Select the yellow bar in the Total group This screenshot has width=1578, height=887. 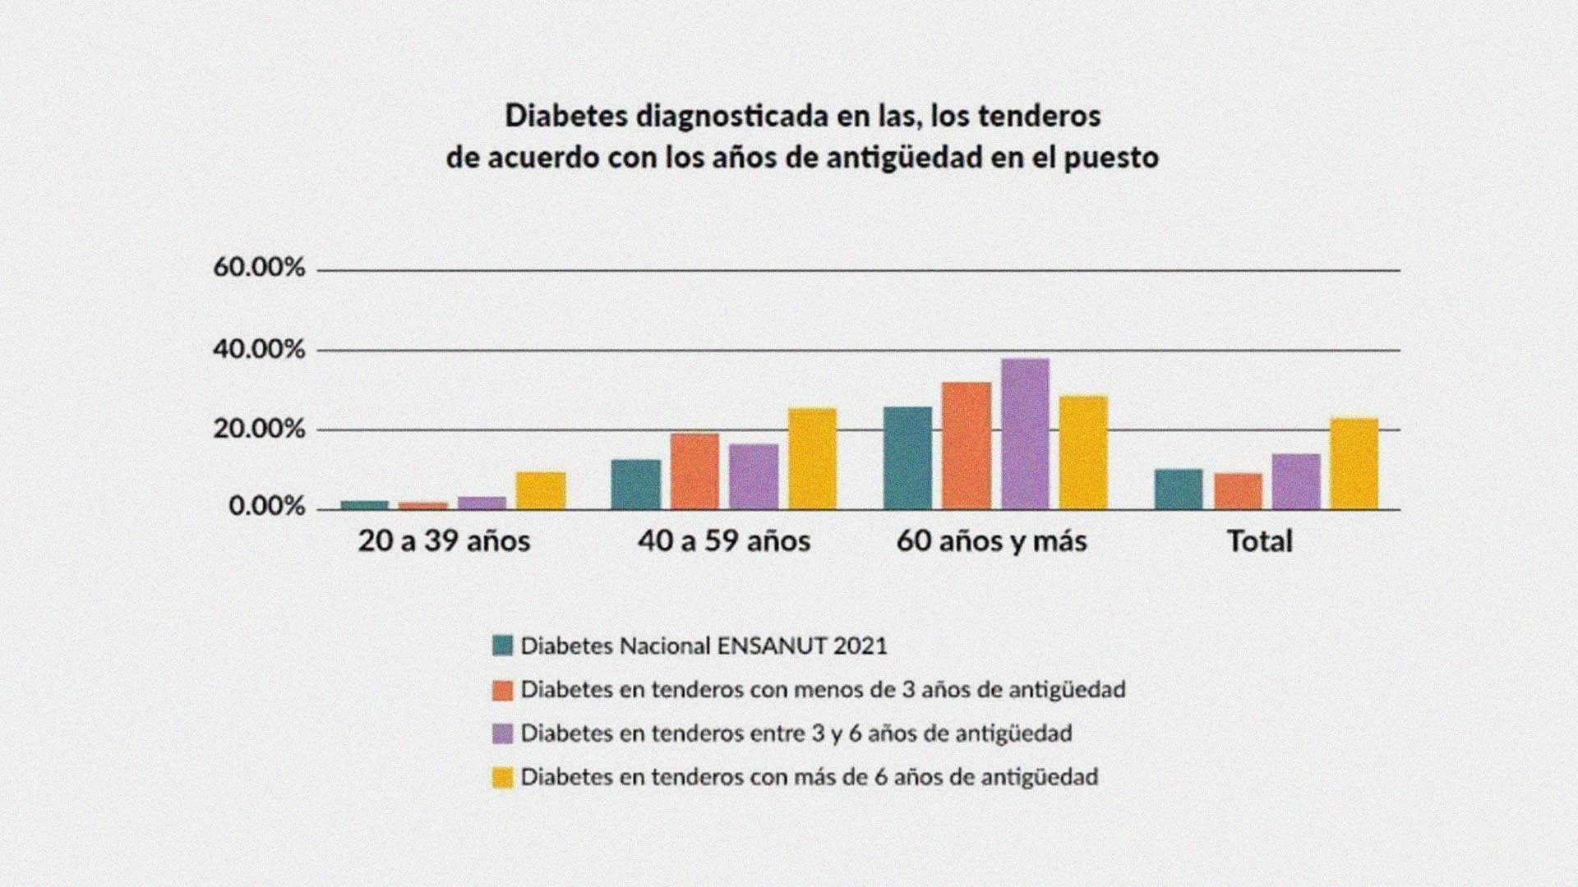1354,464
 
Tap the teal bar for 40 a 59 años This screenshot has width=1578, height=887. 636,485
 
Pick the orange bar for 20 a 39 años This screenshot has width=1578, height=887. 423,506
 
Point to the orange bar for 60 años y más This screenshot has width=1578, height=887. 967,446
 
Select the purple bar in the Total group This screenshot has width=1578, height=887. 1296,482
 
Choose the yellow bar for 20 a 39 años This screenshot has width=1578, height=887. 541,490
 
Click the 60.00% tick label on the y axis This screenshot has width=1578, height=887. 259,268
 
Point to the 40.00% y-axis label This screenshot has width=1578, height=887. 259,350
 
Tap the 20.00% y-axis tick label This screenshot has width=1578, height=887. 259,430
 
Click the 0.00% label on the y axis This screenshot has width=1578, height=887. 266,507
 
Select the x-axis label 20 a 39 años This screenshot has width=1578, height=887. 444,541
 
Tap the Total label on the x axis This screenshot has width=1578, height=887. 1260,541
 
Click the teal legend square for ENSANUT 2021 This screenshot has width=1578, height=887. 502,646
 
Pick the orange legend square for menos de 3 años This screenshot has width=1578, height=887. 502,690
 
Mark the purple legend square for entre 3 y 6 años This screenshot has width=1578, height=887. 502,733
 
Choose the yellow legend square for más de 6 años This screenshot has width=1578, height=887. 502,777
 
